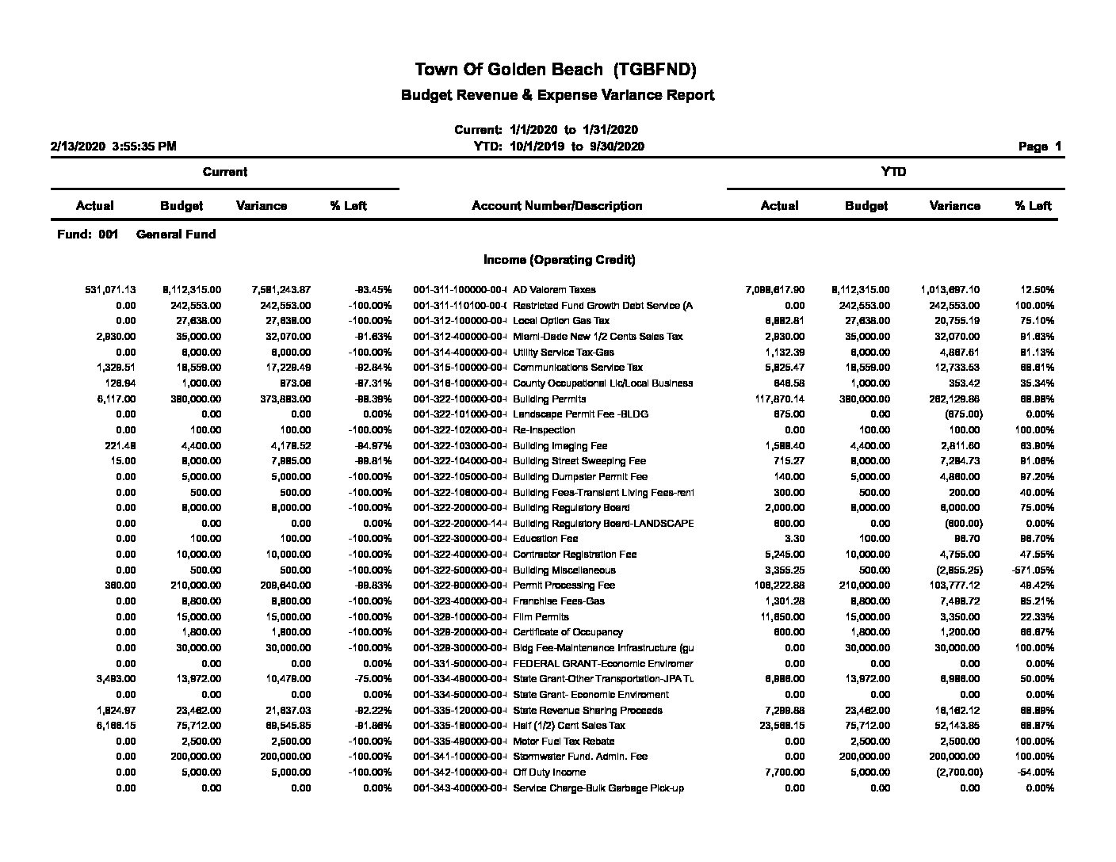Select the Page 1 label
(x=1039, y=147)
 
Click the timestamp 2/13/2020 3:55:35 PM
(x=113, y=147)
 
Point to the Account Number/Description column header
(x=556, y=206)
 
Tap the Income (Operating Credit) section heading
(x=559, y=260)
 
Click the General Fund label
(x=176, y=235)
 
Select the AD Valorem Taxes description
(x=554, y=290)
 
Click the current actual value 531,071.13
(x=110, y=290)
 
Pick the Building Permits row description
(x=549, y=399)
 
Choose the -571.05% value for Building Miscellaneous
(x=1033, y=570)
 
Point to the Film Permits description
(x=541, y=617)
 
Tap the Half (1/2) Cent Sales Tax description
(x=568, y=726)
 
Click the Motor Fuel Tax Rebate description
(x=564, y=742)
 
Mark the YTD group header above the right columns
(x=894, y=172)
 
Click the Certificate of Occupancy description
(x=568, y=632)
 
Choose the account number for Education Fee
(x=460, y=539)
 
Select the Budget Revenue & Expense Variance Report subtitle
(x=557, y=95)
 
